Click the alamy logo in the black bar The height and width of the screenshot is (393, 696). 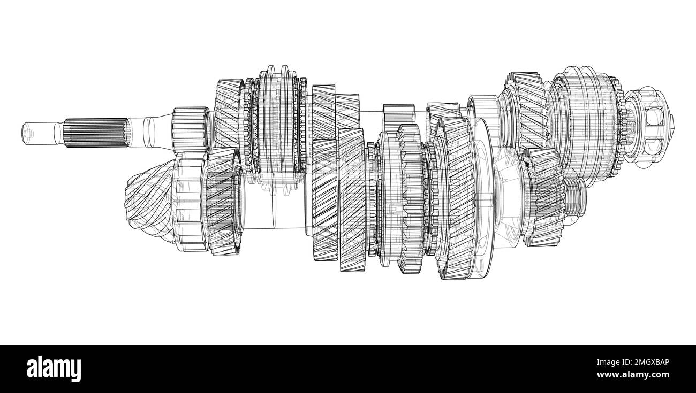click(54, 368)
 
